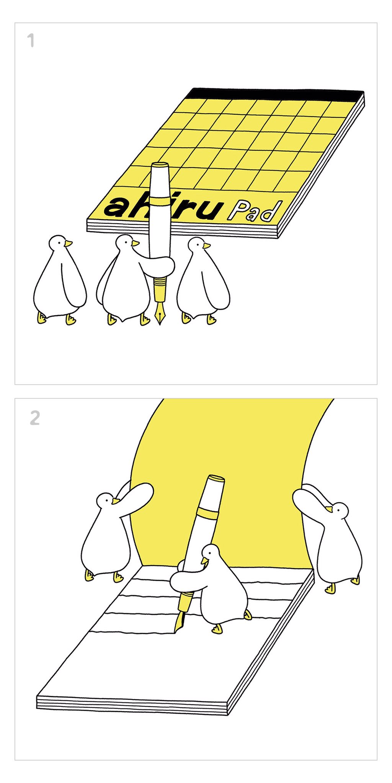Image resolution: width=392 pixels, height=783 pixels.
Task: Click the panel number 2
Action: (35, 418)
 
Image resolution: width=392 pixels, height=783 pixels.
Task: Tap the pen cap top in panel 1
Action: (160, 165)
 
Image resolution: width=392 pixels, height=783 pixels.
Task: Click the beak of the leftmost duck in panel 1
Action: (68, 244)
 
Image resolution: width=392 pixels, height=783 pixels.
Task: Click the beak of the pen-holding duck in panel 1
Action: (135, 243)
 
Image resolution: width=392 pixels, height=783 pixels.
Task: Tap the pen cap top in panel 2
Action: (216, 478)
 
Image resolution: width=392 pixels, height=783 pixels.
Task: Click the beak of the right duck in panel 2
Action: (329, 508)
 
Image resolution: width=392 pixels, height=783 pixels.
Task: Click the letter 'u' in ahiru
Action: (209, 210)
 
